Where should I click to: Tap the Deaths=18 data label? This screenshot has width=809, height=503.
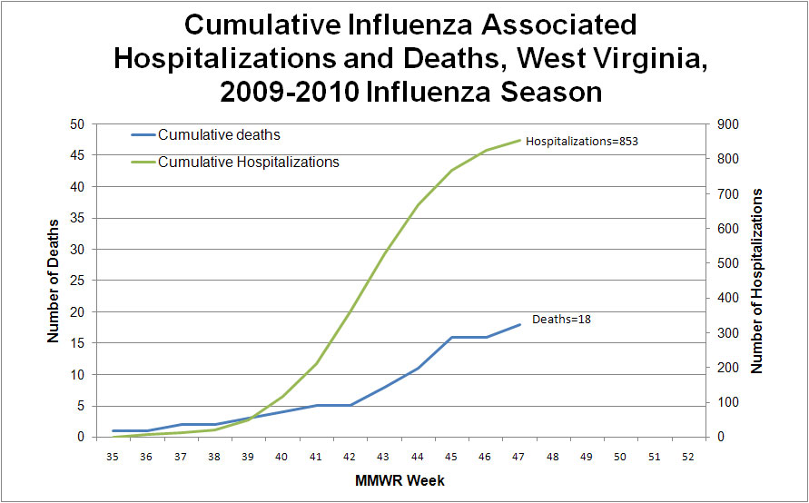click(x=561, y=320)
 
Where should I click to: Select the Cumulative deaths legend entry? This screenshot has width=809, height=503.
click(x=219, y=135)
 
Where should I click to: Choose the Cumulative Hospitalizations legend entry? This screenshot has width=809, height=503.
click(x=248, y=163)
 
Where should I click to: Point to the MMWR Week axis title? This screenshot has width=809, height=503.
click(x=398, y=479)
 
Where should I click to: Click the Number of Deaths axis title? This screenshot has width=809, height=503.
click(x=54, y=281)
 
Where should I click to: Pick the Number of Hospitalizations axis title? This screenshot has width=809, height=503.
click(x=757, y=281)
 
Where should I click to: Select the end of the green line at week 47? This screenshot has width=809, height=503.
click(x=519, y=140)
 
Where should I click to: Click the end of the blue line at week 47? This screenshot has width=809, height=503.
click(x=519, y=324)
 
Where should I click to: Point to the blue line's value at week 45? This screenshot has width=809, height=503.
click(x=451, y=337)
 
